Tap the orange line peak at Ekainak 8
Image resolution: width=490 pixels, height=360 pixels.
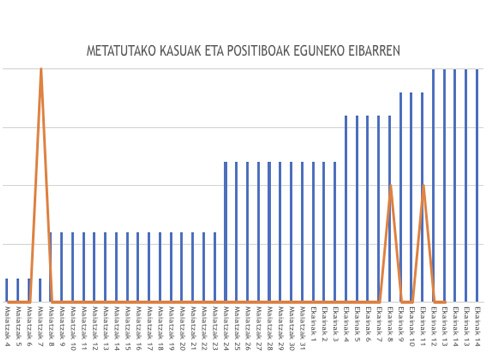tap(390, 185)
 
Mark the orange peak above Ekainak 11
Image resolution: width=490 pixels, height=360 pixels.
tap(423, 185)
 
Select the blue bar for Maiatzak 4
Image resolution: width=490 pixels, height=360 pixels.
tap(7, 290)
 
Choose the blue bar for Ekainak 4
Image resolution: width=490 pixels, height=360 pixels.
tap(346, 209)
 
